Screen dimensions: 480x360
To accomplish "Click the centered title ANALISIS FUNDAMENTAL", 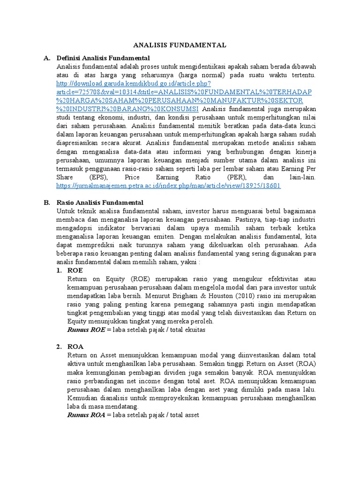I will click(180, 45).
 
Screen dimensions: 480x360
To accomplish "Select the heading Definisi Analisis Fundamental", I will click(103, 58).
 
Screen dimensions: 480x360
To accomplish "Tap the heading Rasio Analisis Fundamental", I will click(100, 202).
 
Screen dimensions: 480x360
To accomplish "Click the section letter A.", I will click(46, 58).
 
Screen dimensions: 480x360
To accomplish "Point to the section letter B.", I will click(46, 202).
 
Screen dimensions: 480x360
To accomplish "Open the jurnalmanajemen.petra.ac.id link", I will click(168, 185).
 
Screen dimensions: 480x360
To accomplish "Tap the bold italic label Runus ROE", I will click(87, 330).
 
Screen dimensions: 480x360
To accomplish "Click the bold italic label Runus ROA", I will click(87, 414).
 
